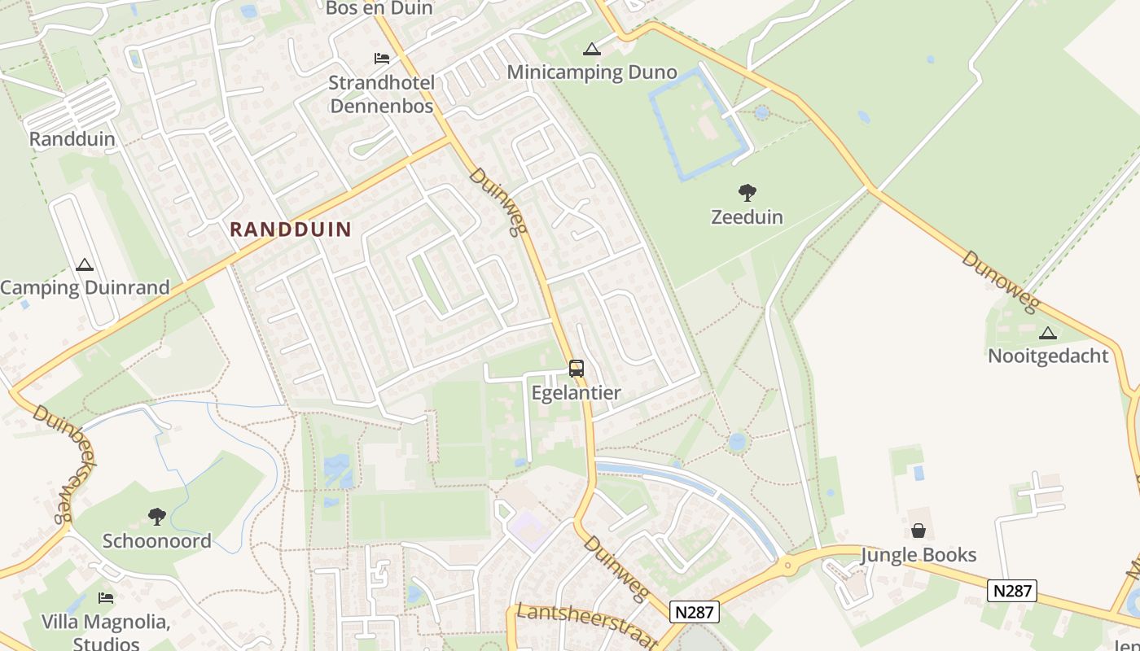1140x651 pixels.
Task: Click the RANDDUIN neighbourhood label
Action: [290, 229]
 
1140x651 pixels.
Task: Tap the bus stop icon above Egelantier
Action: [576, 369]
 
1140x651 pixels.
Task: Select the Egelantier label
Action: [576, 393]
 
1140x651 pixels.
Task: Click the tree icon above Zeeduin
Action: [747, 193]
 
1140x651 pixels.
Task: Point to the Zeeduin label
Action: [747, 217]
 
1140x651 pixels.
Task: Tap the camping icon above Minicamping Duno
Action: [592, 48]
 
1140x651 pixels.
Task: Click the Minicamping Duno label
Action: [592, 72]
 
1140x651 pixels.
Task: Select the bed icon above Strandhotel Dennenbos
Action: [381, 58]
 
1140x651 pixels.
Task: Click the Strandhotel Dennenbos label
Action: [382, 94]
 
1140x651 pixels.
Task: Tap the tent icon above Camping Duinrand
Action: [85, 264]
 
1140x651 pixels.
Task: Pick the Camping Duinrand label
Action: [85, 287]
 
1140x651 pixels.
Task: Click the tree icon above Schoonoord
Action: [156, 516]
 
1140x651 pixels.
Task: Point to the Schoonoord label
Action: [156, 541]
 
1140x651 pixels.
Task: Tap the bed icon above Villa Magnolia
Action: [106, 598]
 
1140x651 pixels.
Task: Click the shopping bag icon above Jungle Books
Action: [919, 531]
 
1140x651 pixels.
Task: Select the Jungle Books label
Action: [919, 555]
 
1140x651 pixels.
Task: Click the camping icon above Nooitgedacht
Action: [1048, 332]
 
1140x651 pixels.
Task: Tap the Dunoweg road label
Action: [1001, 282]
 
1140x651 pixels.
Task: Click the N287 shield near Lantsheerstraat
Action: [695, 612]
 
